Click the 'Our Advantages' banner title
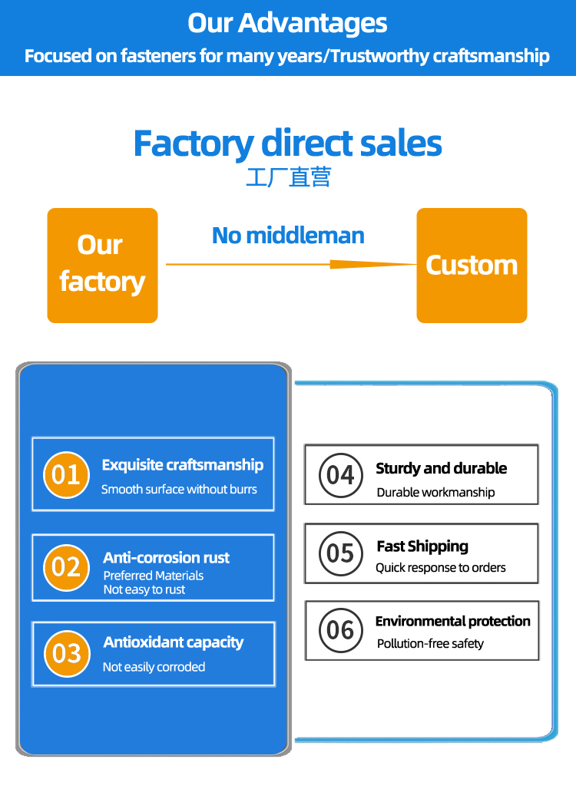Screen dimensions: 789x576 [x=288, y=22]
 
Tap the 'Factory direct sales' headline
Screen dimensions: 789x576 [x=288, y=144]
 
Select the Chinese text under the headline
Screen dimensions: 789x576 [x=288, y=178]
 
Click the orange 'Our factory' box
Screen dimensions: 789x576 [x=102, y=265]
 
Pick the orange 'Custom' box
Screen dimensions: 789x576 [x=472, y=265]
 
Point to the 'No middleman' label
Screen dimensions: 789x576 [x=288, y=236]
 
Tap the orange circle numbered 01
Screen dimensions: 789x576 [x=67, y=475]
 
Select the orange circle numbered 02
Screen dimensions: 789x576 [x=67, y=567]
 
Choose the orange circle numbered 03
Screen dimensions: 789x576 [x=67, y=654]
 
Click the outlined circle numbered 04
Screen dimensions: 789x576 [x=340, y=475]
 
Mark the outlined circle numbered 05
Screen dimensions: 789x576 [x=340, y=553]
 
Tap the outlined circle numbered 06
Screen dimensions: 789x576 [x=340, y=631]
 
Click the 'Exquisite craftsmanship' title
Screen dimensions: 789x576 [x=182, y=465]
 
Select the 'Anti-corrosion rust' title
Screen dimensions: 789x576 [x=166, y=558]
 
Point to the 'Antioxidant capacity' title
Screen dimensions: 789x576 [x=174, y=642]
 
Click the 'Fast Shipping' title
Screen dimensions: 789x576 [x=422, y=546]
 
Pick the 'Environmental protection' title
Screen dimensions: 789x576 [x=452, y=621]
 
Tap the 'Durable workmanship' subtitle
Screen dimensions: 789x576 [x=435, y=493]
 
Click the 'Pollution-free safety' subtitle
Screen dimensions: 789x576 [x=430, y=644]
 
